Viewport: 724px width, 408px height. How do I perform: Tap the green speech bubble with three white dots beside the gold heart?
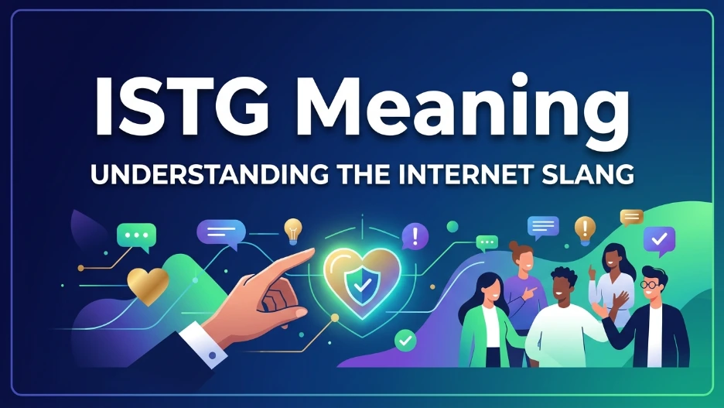tap(137, 236)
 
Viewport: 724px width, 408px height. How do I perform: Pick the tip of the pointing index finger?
tap(310, 252)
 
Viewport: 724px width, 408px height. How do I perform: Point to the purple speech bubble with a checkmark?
tap(659, 240)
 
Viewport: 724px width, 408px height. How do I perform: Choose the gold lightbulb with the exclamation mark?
tap(585, 228)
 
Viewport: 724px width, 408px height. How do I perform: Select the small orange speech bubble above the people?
tap(632, 217)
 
